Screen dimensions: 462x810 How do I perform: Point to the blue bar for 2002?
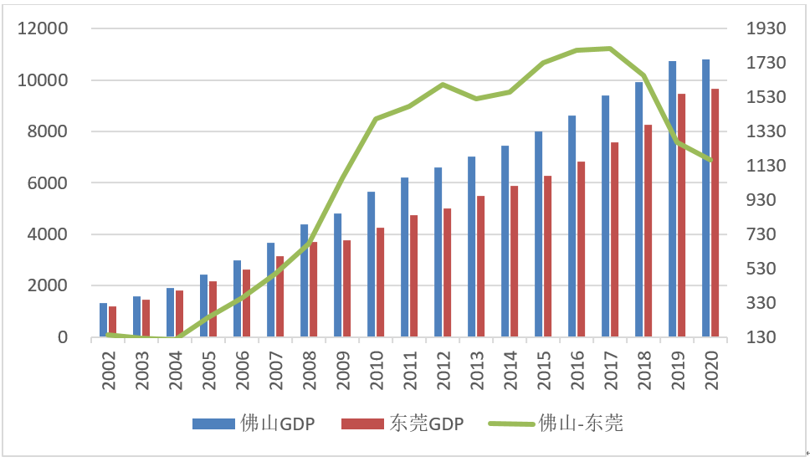103,320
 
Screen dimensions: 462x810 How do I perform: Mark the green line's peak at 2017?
609,49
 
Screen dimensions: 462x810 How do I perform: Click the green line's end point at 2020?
710,160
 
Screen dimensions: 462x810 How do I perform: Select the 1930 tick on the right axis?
766,29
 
